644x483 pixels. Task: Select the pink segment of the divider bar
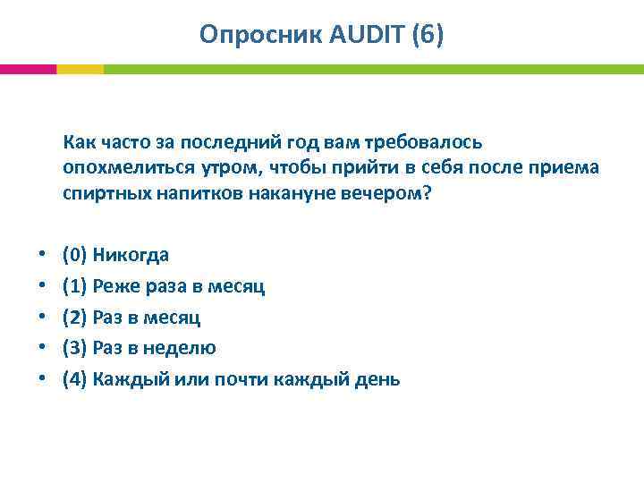28,69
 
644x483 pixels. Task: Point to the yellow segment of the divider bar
80,69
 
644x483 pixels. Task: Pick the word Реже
113,286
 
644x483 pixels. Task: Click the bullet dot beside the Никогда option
42,256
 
